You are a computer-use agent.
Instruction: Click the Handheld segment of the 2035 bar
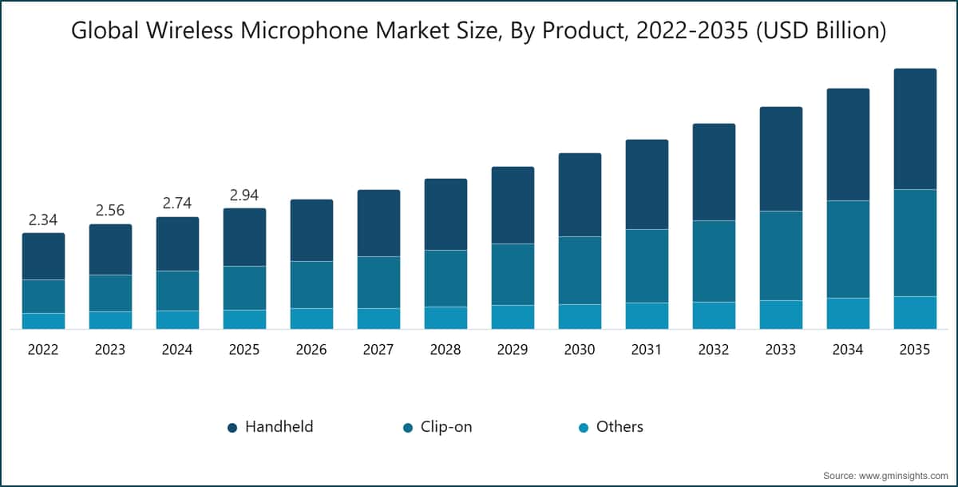pyautogui.click(x=915, y=129)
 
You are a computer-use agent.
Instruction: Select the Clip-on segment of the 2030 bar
pyautogui.click(x=580, y=270)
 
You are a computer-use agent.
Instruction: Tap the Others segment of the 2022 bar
pyautogui.click(x=44, y=321)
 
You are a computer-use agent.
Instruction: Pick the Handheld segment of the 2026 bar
pyautogui.click(x=312, y=230)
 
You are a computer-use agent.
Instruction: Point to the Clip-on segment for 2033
pyautogui.click(x=781, y=255)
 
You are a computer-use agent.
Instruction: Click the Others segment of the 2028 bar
pyautogui.click(x=445, y=318)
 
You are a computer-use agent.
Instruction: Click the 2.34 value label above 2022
pyautogui.click(x=43, y=220)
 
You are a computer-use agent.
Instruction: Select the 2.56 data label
pyautogui.click(x=110, y=210)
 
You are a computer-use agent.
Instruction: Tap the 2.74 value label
pyautogui.click(x=177, y=203)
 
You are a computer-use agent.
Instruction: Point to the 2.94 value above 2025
pyautogui.click(x=244, y=195)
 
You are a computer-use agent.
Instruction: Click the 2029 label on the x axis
pyautogui.click(x=513, y=350)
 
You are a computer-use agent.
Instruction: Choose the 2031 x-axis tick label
pyautogui.click(x=647, y=350)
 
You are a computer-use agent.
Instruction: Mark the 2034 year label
pyautogui.click(x=848, y=350)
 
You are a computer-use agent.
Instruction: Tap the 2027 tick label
pyautogui.click(x=378, y=350)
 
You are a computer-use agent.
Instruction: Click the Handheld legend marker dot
pyautogui.click(x=232, y=428)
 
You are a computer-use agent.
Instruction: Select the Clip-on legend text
pyautogui.click(x=446, y=426)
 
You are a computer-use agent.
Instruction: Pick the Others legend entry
pyautogui.click(x=611, y=426)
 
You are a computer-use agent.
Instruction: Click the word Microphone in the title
pyautogui.click(x=304, y=31)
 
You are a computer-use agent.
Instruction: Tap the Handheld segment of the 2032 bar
pyautogui.click(x=715, y=172)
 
